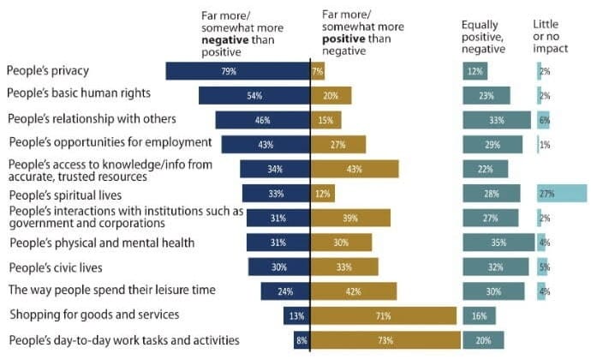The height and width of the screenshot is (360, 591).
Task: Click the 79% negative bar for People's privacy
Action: click(x=237, y=71)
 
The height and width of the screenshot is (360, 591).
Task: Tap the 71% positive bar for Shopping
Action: click(x=382, y=315)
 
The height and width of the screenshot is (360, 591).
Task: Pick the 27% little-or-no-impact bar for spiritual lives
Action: click(x=561, y=194)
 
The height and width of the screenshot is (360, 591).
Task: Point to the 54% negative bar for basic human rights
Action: click(x=254, y=95)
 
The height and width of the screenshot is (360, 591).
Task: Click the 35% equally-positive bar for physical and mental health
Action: click(x=498, y=243)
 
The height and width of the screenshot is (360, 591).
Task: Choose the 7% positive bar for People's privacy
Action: click(x=317, y=71)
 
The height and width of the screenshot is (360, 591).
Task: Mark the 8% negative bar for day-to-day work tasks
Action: click(x=301, y=340)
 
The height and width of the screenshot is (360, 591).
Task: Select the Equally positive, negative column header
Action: click(x=483, y=37)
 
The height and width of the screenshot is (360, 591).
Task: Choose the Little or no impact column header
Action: click(x=548, y=37)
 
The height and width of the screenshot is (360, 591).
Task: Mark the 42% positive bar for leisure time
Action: click(x=354, y=291)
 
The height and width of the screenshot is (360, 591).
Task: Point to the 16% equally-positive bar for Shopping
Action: click(x=479, y=315)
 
